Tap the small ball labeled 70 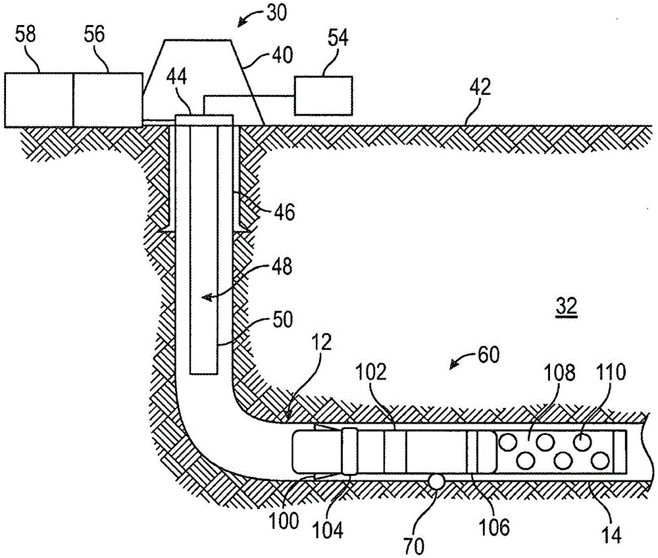[x=436, y=481]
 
